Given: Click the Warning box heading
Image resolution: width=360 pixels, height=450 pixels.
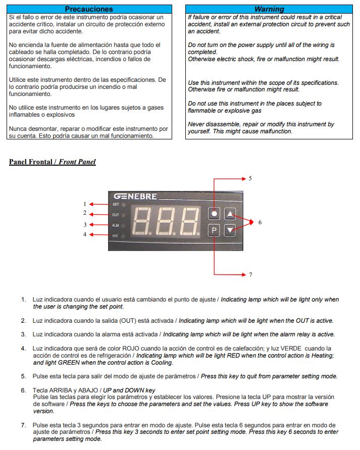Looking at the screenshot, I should [x=269, y=9].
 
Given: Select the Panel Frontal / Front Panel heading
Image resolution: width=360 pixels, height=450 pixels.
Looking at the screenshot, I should [x=53, y=162].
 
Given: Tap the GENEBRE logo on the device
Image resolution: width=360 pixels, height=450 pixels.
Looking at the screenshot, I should [x=135, y=196].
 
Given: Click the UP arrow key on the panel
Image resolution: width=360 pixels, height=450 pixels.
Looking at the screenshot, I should [x=231, y=214].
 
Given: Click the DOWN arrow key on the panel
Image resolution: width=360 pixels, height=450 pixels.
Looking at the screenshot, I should [x=231, y=230].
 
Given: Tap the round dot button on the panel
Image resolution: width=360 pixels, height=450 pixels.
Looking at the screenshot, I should [x=215, y=214].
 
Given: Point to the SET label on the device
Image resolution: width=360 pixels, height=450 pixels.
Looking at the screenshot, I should [x=116, y=205].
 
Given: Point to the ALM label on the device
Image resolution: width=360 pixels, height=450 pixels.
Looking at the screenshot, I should [x=116, y=225].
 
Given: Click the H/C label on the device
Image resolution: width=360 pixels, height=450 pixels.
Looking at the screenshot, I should [x=116, y=235].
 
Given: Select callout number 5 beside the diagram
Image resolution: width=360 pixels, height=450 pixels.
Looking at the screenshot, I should [x=250, y=178].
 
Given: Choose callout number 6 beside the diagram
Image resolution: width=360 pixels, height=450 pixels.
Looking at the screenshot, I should [x=260, y=222].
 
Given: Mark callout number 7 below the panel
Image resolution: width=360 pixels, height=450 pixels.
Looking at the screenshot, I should [x=250, y=275].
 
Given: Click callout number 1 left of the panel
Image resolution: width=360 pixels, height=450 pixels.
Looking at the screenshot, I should [x=85, y=204].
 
